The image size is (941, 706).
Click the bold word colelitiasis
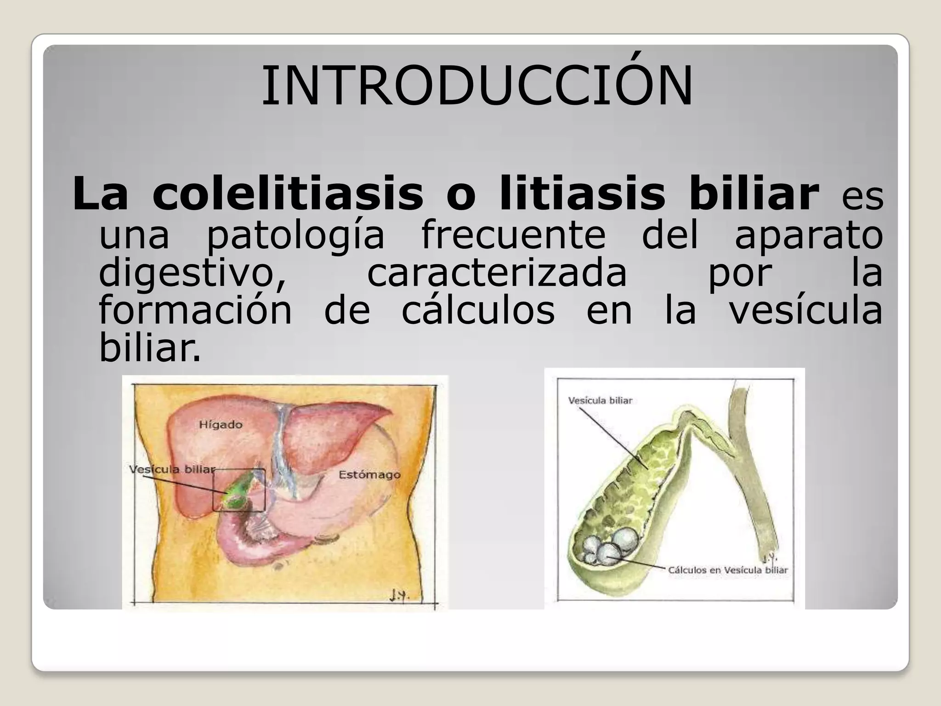[x=288, y=194]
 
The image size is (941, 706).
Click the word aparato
[x=809, y=235]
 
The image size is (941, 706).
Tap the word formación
[x=195, y=310]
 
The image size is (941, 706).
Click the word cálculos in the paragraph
[x=478, y=310]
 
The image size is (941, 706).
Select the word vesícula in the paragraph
[x=806, y=310]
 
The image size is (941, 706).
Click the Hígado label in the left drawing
[x=221, y=424]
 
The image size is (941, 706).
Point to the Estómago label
[x=369, y=474]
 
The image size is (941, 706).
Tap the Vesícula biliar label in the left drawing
[x=172, y=470]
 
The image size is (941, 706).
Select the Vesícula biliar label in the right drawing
[x=600, y=400]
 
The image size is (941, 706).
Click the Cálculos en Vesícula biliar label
[x=728, y=570]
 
